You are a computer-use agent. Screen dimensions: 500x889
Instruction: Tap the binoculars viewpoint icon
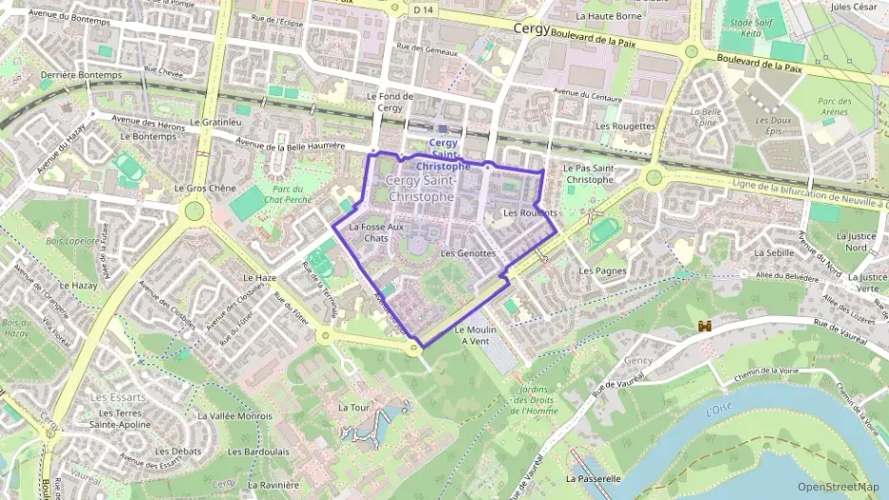(705, 326)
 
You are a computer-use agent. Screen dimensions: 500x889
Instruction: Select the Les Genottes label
(468, 253)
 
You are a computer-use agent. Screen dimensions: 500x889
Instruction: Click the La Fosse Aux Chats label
(376, 232)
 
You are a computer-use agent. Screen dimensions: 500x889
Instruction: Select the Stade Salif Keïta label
(744, 27)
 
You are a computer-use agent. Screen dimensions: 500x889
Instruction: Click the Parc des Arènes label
(832, 106)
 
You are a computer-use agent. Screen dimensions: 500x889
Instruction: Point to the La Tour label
(353, 407)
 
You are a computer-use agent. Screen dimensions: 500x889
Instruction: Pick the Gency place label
(638, 361)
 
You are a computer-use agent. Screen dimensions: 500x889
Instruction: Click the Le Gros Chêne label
(204, 188)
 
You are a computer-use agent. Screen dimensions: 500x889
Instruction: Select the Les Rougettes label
(624, 125)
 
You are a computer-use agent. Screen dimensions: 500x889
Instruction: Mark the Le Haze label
(259, 278)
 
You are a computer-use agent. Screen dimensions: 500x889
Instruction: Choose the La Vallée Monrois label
(235, 416)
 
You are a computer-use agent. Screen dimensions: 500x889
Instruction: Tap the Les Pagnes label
(601, 270)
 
